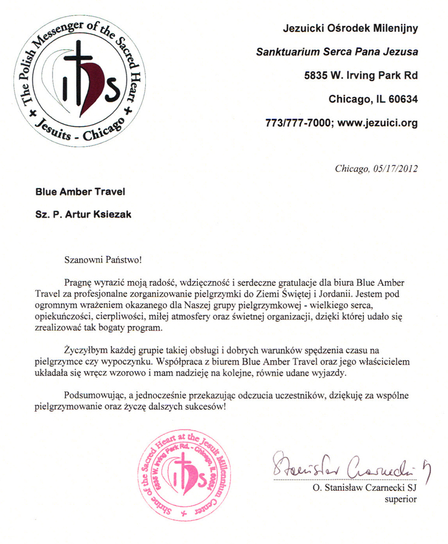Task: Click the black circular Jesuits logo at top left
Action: pyautogui.click(x=77, y=85)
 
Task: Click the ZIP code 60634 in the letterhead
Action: pyautogui.click(x=402, y=99)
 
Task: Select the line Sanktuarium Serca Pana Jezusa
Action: pyautogui.click(x=337, y=52)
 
